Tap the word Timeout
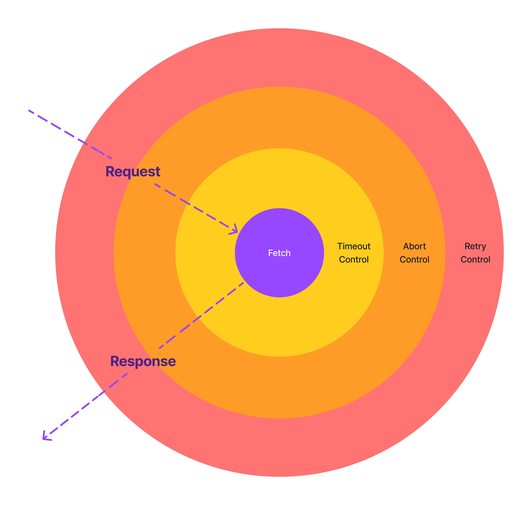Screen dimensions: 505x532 point(354,246)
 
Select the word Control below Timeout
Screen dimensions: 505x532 point(354,259)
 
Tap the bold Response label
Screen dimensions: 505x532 point(143,361)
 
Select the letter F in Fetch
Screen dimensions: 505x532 point(270,253)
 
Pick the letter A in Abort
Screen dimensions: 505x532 point(406,246)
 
